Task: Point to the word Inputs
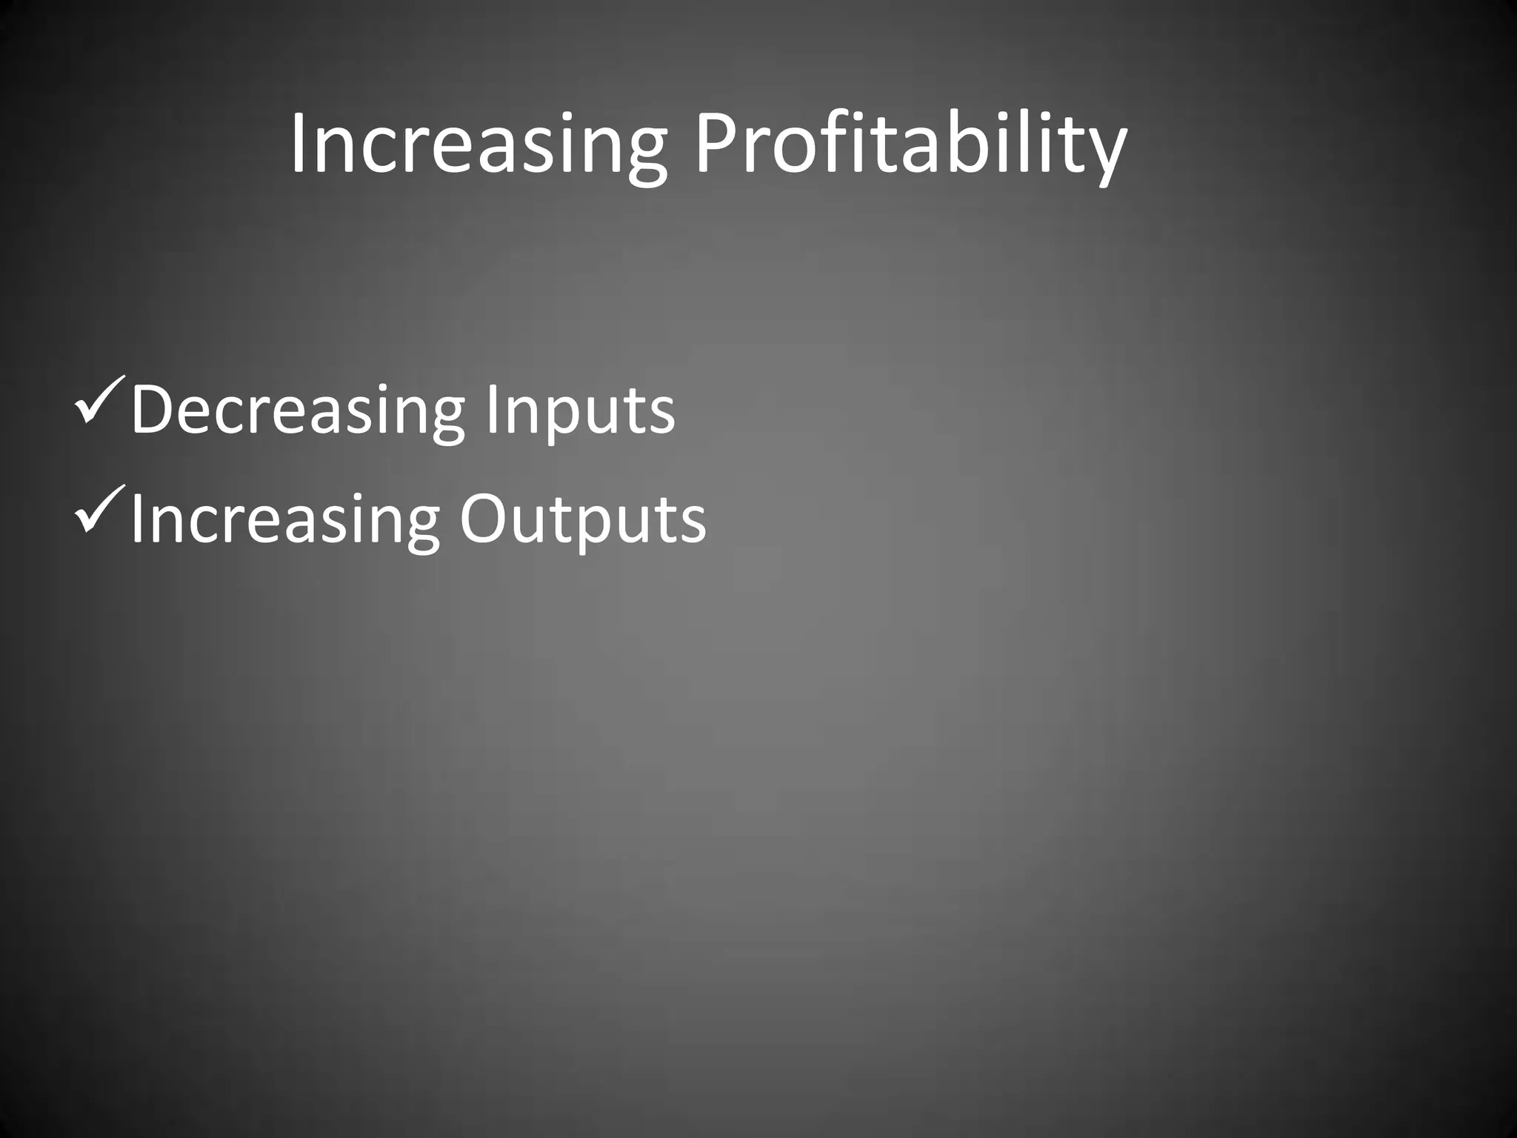[580, 411]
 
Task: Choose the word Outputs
[583, 520]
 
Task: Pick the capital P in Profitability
[715, 142]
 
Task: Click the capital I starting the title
[298, 142]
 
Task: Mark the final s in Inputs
[662, 416]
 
